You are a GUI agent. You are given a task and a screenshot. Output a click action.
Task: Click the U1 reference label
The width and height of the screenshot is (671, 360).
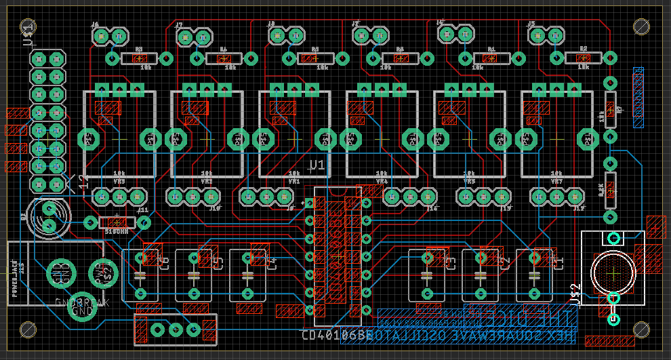[317, 165]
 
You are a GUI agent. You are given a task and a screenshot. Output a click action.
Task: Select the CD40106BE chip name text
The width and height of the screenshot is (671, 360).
[337, 335]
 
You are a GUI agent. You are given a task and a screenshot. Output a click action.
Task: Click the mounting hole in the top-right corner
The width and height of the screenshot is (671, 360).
[641, 26]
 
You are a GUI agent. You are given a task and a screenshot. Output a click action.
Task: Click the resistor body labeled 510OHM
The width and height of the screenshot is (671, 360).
[117, 222]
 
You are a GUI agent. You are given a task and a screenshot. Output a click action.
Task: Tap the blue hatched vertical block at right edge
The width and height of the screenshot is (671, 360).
[638, 98]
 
